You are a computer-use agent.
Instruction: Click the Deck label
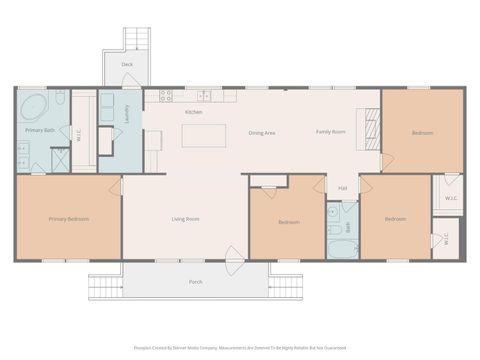pos(127,64)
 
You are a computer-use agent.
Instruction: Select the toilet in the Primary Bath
pos(60,98)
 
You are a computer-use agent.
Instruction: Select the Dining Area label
pos(262,132)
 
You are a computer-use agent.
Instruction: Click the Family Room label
pos(330,132)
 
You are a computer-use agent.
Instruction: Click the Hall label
pos(343,187)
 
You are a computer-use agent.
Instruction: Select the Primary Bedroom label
pos(68,219)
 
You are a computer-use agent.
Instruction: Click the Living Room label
pos(185,219)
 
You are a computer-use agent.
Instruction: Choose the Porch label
pos(196,282)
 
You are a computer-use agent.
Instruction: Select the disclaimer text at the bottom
pos(240,349)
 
